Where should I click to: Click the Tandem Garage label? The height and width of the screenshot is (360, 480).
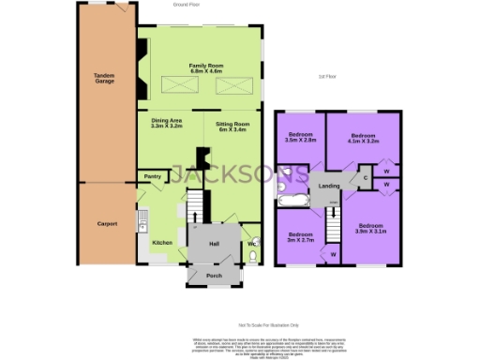tap(104, 79)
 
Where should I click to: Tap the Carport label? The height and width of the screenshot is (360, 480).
tap(107, 224)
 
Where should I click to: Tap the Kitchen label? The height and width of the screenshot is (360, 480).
tap(163, 243)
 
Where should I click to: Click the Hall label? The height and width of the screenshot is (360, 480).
tap(213, 244)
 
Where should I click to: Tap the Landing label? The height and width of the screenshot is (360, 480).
tap(329, 186)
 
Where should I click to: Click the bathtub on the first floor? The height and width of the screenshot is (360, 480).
tap(290, 201)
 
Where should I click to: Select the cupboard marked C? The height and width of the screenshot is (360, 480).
tap(365, 175)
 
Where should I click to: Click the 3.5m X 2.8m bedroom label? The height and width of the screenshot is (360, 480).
tap(302, 138)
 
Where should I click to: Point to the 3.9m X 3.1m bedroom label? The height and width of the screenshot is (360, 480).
tap(371, 229)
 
